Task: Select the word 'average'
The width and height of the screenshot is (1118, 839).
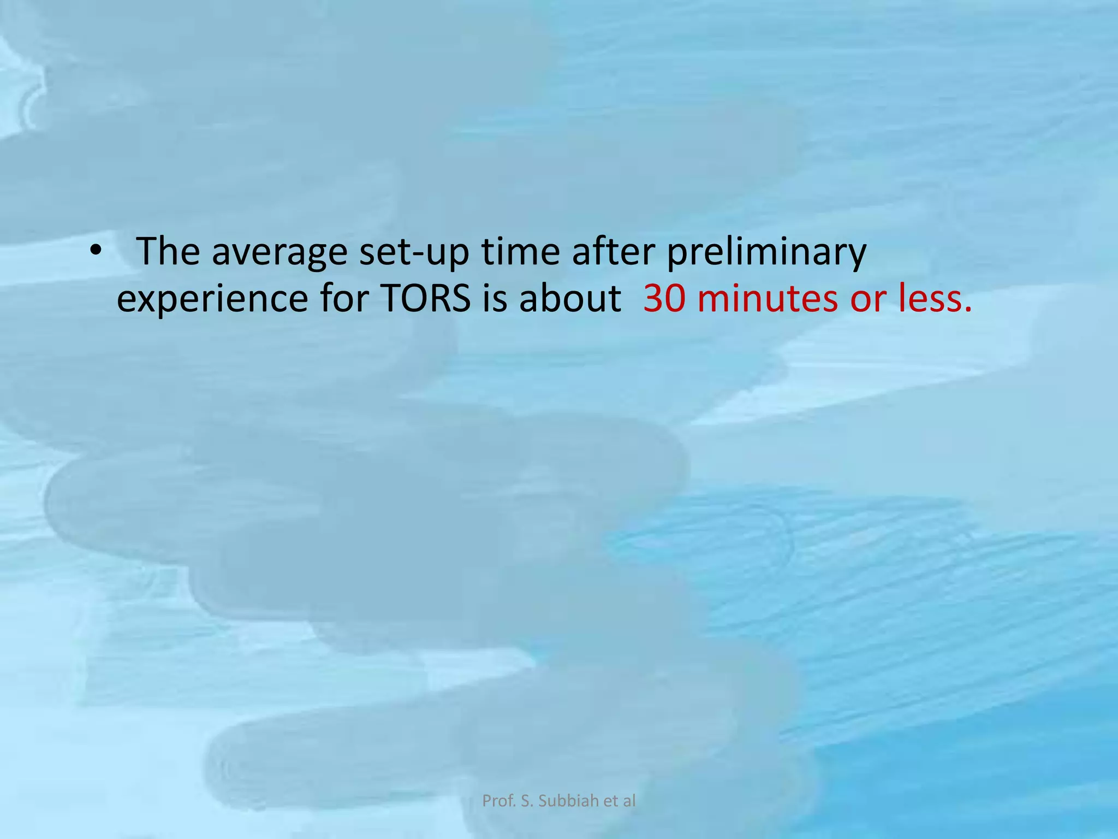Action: coord(279,252)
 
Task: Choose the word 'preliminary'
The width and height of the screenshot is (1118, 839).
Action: coord(766,252)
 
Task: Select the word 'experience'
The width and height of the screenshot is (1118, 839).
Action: coord(212,299)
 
